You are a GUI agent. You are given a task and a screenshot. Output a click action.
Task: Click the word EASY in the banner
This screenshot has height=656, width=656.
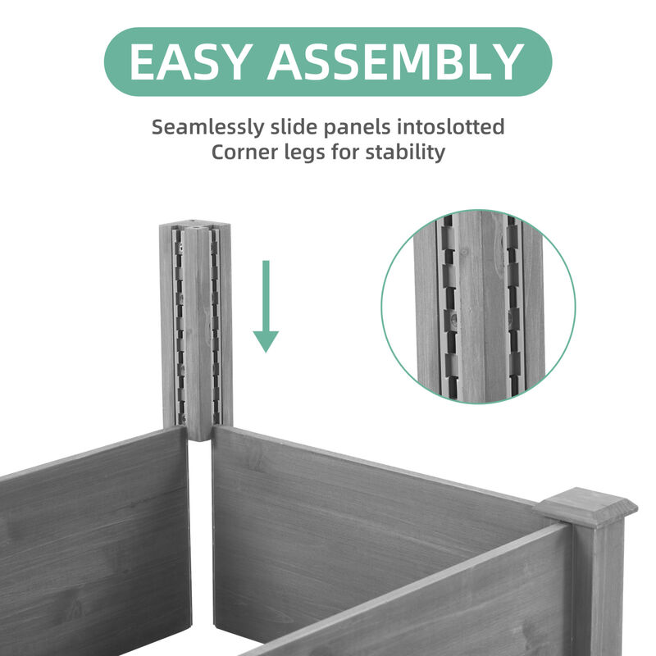coord(189,61)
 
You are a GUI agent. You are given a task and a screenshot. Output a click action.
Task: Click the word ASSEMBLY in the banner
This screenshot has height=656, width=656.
coord(393,61)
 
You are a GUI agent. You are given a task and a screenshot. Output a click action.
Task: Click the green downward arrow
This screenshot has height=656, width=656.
coord(265,307)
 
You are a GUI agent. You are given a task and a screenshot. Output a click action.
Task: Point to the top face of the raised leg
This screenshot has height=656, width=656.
coord(195,223)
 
